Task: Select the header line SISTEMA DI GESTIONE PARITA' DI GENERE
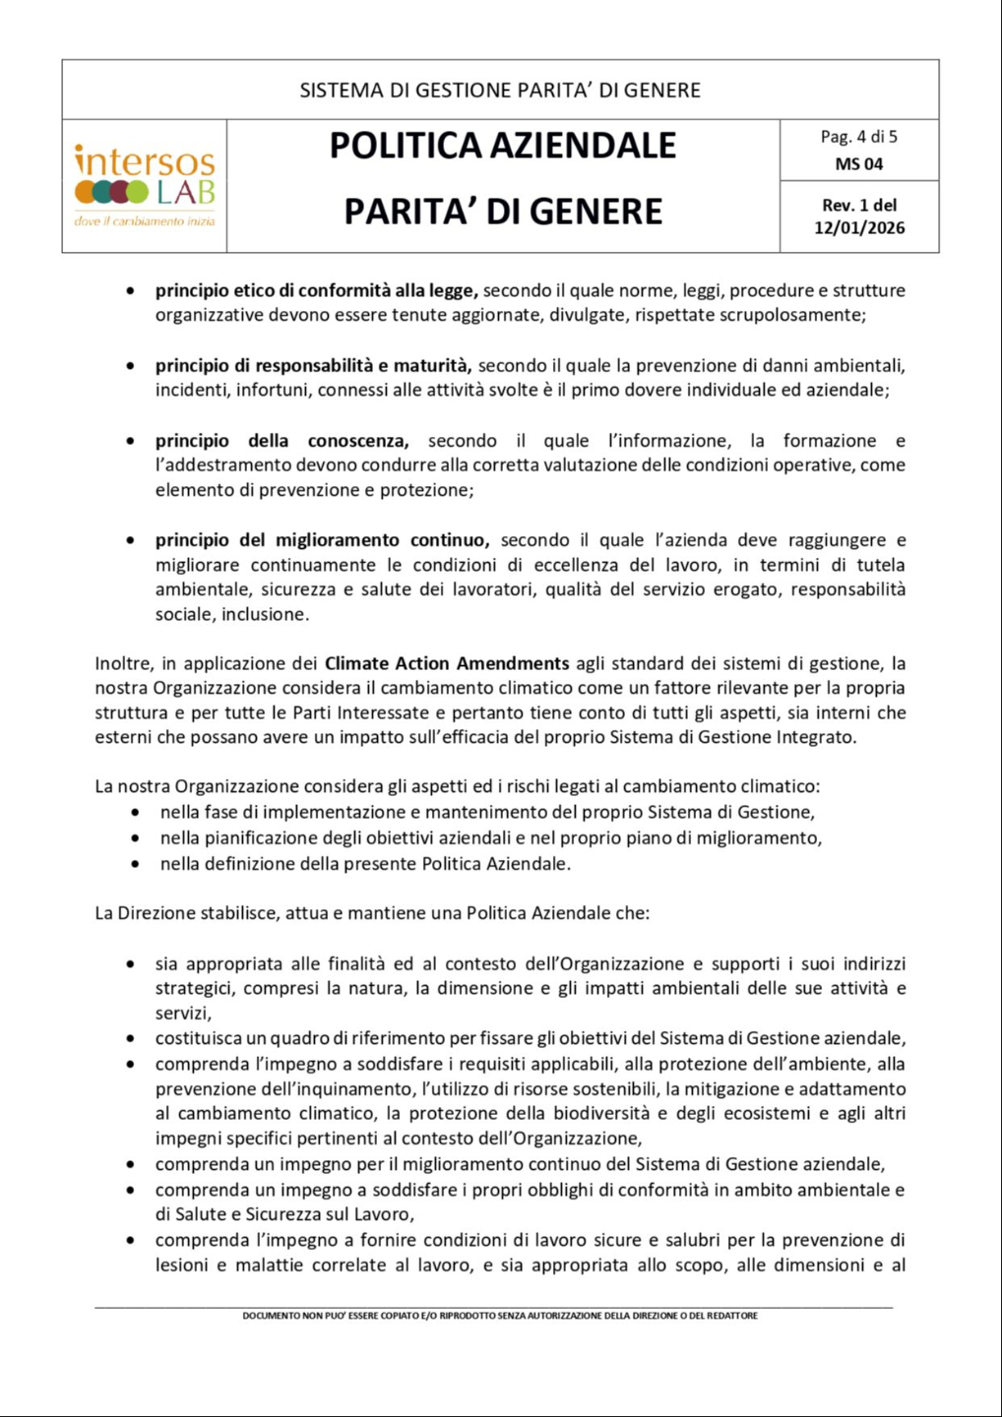click(x=500, y=91)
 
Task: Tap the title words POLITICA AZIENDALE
click(x=502, y=146)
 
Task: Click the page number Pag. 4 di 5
click(x=858, y=137)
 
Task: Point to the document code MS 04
click(x=858, y=164)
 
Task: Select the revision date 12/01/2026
click(x=858, y=228)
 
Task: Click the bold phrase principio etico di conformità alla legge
click(x=316, y=290)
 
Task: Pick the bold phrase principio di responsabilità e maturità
click(x=313, y=365)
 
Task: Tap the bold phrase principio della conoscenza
click(x=282, y=441)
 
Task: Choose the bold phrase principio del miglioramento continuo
click(x=322, y=540)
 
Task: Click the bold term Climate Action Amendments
click(x=447, y=663)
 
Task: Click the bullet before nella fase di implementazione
click(x=136, y=813)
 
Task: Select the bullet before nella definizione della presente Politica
click(x=136, y=864)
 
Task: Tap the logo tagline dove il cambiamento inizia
click(x=145, y=221)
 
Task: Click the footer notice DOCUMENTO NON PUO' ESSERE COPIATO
click(x=500, y=1316)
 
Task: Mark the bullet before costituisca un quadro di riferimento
click(x=131, y=1038)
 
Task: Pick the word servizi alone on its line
click(x=182, y=1013)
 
